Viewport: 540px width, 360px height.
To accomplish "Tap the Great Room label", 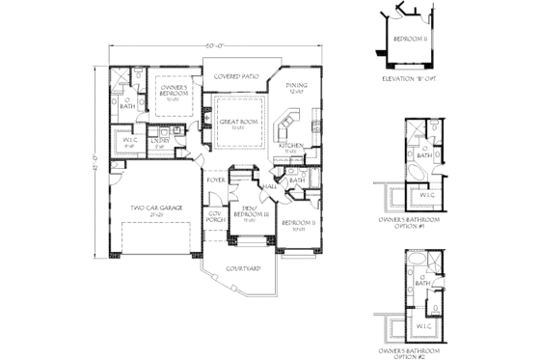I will click(x=235, y=124).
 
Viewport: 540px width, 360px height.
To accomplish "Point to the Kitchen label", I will click(x=293, y=147).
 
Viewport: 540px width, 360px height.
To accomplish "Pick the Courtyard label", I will click(x=241, y=267).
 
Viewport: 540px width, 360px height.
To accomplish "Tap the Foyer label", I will click(x=216, y=180).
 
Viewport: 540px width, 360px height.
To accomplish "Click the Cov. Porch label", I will click(x=215, y=218).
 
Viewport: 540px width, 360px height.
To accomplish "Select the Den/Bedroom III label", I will click(x=249, y=215).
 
